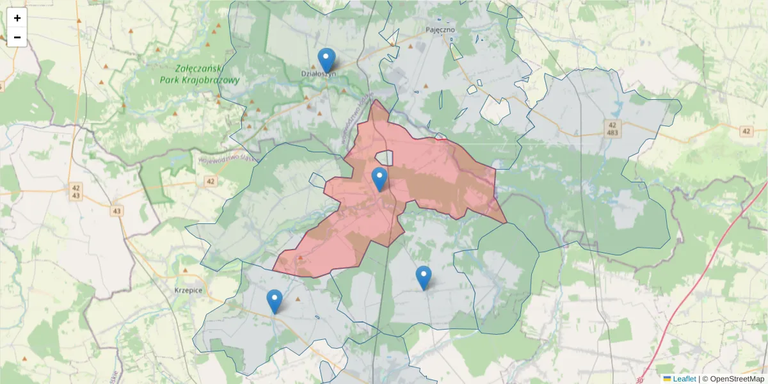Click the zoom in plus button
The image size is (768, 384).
click(x=17, y=18)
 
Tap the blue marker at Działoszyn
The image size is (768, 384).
click(x=326, y=60)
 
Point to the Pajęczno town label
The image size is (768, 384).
click(x=440, y=29)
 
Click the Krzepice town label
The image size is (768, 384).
click(x=188, y=290)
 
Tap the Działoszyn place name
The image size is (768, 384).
click(x=318, y=74)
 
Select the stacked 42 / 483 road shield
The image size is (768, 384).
click(x=612, y=128)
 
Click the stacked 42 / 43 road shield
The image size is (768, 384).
click(x=76, y=191)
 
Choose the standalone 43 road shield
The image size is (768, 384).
click(x=116, y=211)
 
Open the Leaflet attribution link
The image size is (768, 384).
click(x=684, y=379)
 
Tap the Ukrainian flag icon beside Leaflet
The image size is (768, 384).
click(x=668, y=379)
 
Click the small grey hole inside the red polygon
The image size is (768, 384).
click(x=384, y=157)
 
